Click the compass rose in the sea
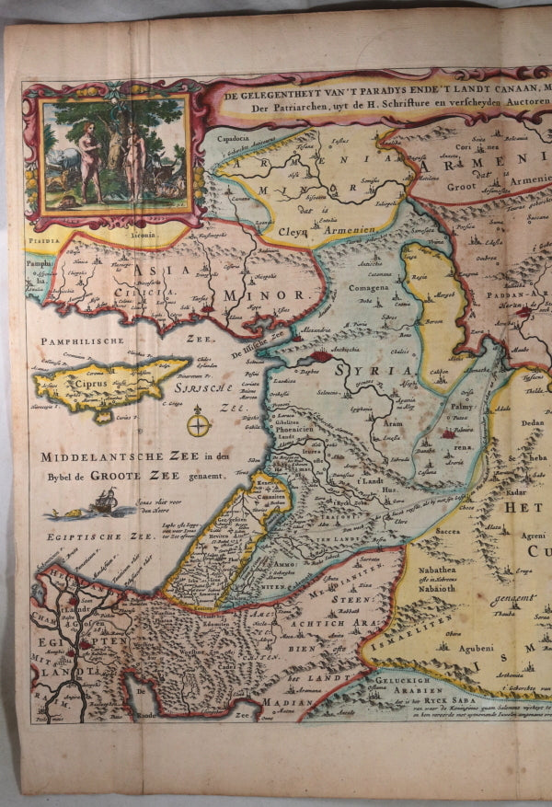pyautogui.click(x=199, y=425)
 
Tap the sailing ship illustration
pyautogui.click(x=104, y=502)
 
